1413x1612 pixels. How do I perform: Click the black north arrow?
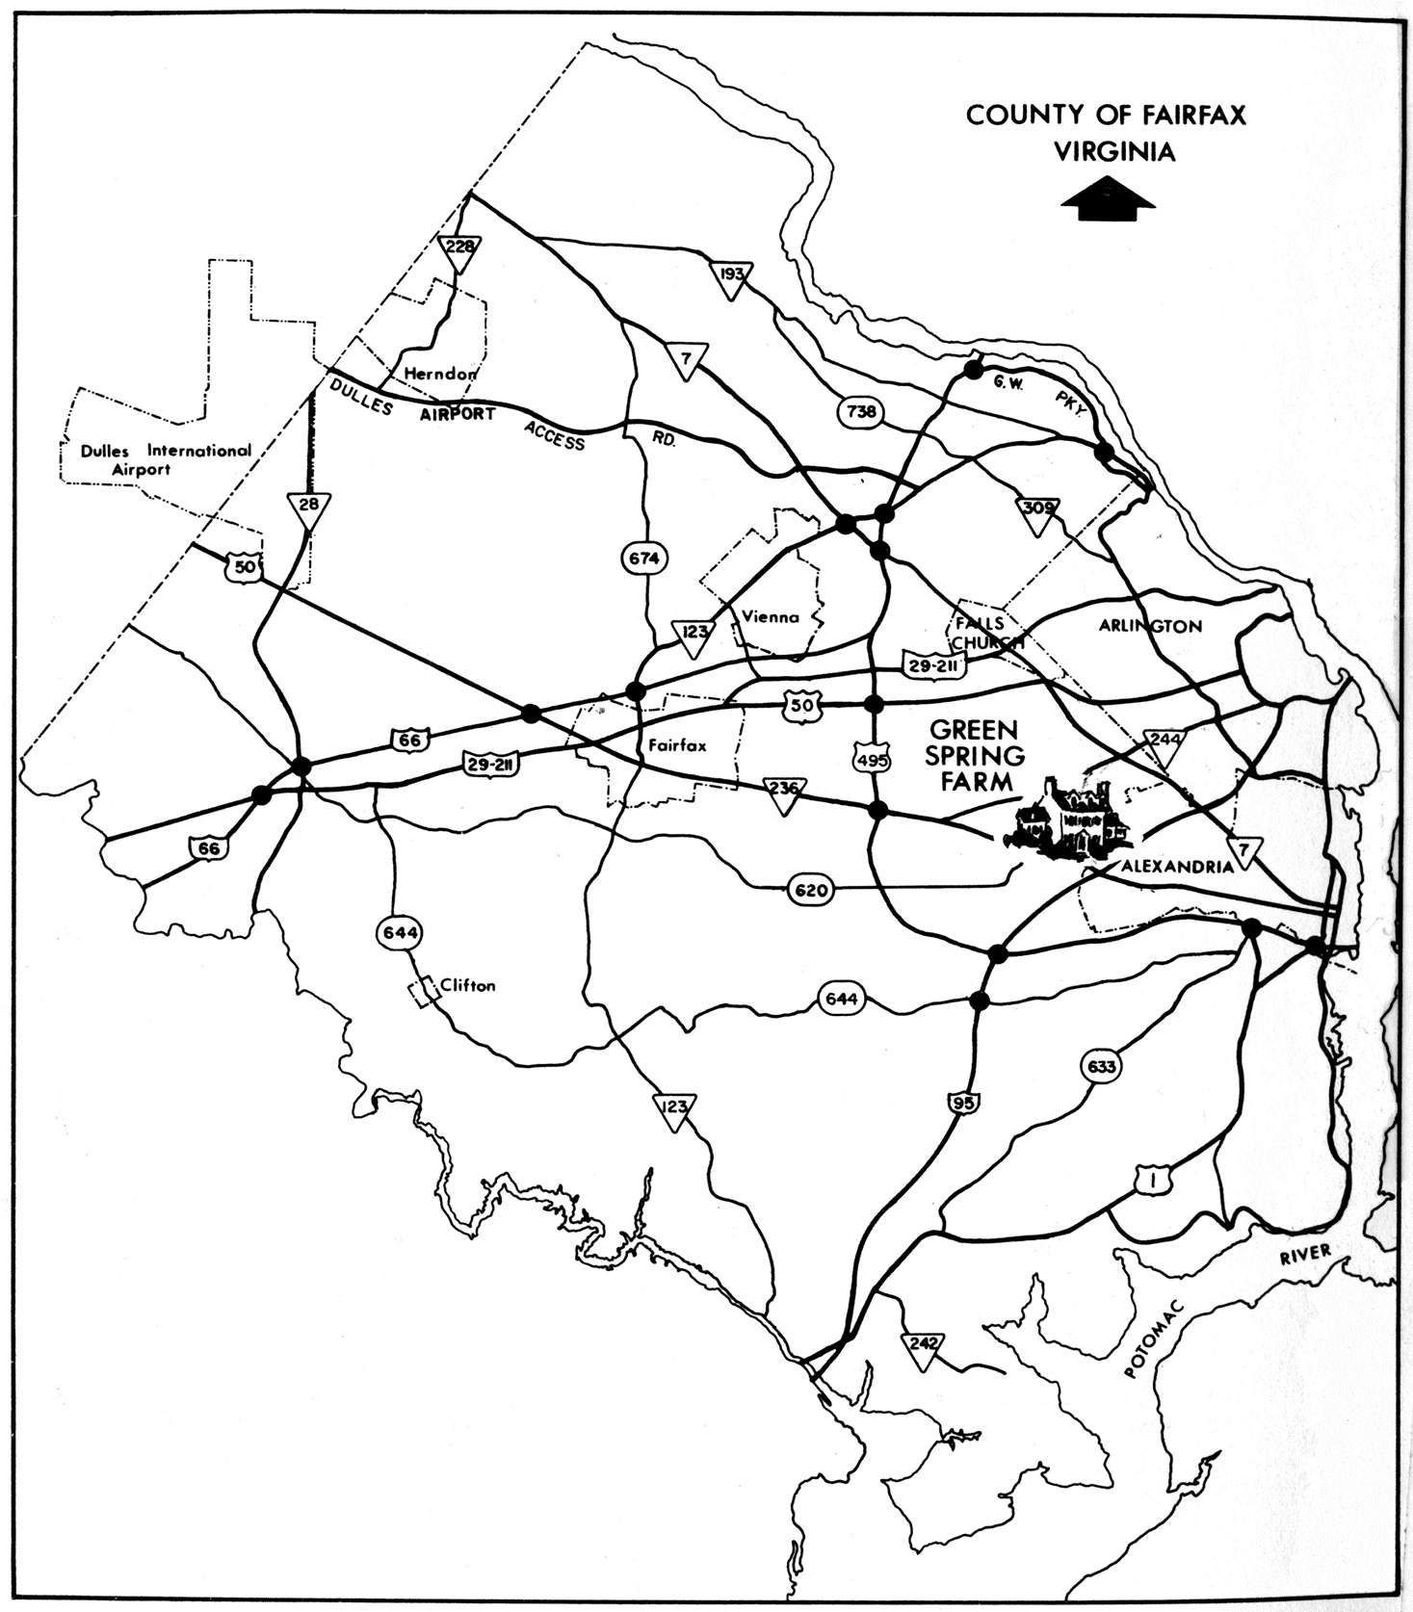coord(1108,199)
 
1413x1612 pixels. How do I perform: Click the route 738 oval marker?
coord(860,412)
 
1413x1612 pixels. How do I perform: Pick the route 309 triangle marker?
coord(1037,508)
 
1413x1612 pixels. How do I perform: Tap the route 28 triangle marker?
coord(308,507)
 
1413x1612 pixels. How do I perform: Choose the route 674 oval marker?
coord(644,558)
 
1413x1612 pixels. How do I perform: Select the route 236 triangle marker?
coord(785,791)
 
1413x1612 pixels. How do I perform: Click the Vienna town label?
coord(771,617)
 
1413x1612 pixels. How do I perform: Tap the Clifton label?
coord(467,985)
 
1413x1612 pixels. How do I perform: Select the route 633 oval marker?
coord(1099,1067)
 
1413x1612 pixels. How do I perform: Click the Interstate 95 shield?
coord(960,1103)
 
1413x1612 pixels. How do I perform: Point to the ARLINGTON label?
coord(1150,627)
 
